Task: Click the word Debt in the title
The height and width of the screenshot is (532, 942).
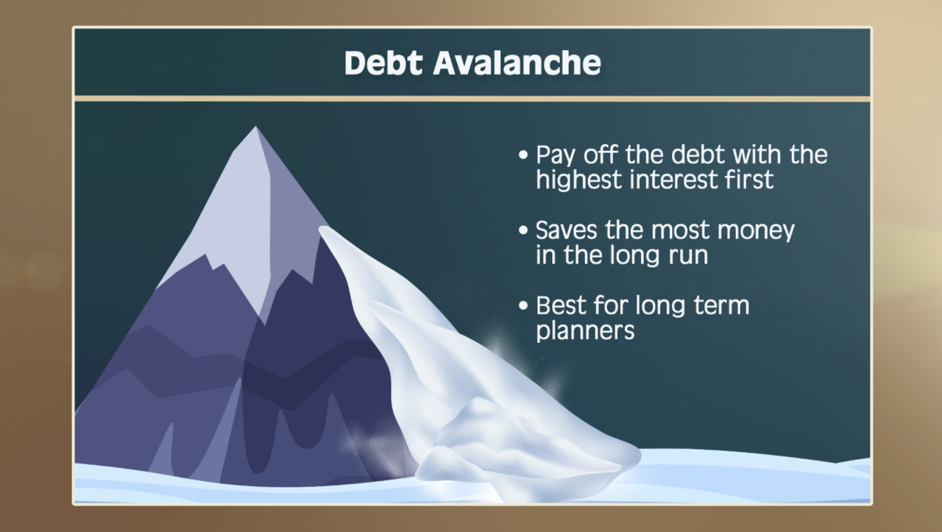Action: point(384,63)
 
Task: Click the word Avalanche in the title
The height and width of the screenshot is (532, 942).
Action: point(517,63)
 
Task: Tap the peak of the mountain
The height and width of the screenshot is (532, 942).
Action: point(255,129)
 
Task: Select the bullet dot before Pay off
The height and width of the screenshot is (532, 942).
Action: point(523,155)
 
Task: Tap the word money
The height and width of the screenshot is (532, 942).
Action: point(756,231)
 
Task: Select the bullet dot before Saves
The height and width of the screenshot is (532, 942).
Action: point(523,230)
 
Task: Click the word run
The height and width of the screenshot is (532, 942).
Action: point(684,256)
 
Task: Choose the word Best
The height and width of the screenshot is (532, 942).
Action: point(561,305)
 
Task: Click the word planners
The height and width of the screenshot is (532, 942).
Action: point(585,331)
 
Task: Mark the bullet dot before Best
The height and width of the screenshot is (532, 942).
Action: point(523,305)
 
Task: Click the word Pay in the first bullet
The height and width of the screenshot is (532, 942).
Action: point(555,156)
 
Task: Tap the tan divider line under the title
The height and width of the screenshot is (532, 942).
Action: point(472,99)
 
